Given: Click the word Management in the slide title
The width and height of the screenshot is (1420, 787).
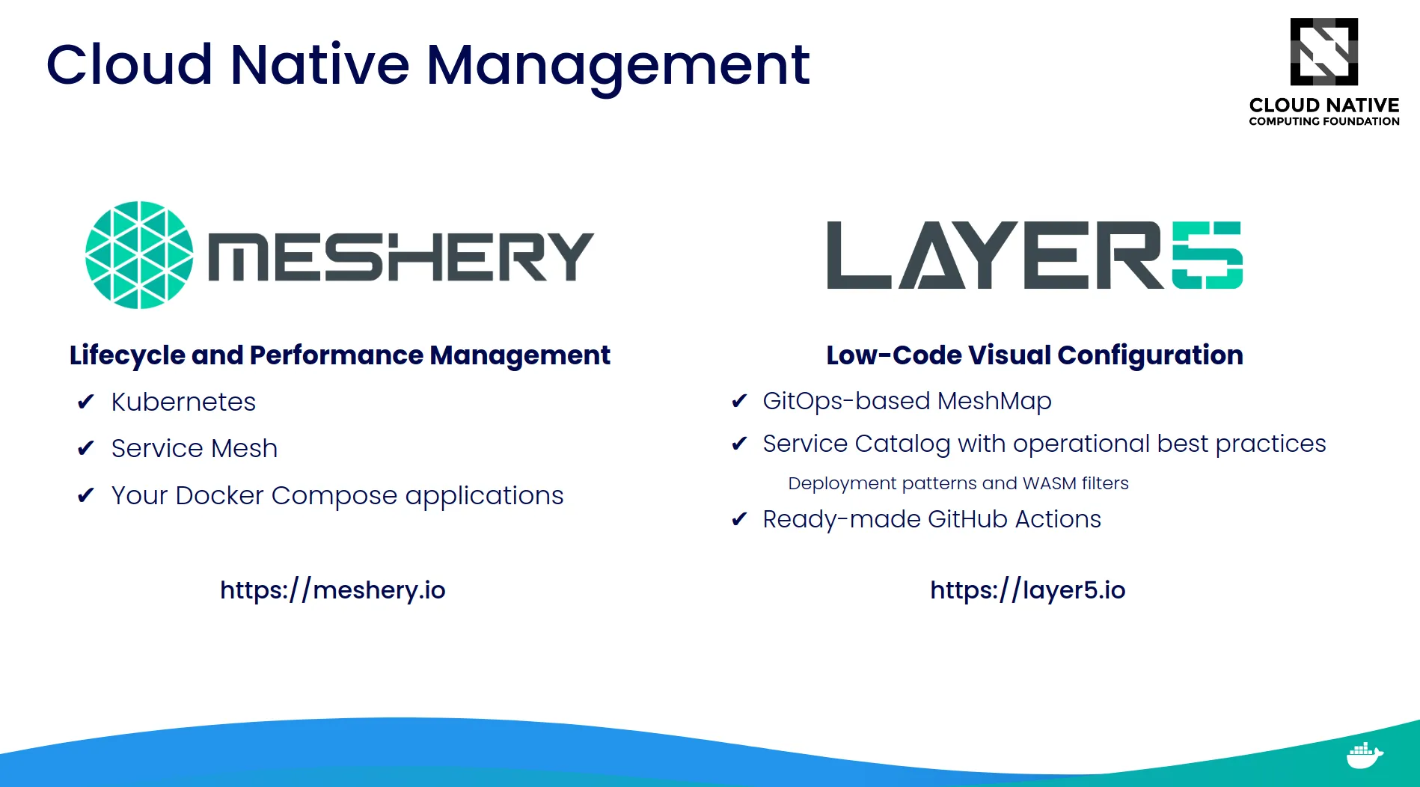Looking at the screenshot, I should point(617,66).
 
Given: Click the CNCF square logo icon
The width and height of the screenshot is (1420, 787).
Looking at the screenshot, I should point(1323,52).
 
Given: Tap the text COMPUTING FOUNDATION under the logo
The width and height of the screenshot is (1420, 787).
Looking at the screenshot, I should point(1323,121).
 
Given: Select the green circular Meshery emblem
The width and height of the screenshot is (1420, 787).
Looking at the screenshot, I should point(139,255).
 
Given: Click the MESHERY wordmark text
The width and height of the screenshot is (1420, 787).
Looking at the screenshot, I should point(400,257).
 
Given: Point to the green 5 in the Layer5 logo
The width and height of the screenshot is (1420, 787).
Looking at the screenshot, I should point(1207,255).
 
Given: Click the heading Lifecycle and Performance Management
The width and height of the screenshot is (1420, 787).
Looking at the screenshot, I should point(340,355).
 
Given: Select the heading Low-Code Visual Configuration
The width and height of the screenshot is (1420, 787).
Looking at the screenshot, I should point(1034,355).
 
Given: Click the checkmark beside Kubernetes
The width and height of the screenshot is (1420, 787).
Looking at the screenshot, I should point(85,402).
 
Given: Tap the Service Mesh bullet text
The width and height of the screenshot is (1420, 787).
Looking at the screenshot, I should point(194,449).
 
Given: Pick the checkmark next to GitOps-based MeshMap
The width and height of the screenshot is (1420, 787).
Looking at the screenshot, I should point(739,402).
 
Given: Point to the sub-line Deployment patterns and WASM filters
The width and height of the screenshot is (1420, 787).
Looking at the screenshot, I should point(958,483).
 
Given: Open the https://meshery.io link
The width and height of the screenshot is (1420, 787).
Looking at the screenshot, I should point(332,590).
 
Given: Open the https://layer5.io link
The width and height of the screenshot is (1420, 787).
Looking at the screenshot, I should point(1027,590).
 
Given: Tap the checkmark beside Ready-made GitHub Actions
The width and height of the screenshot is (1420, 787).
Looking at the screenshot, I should point(739,519).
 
